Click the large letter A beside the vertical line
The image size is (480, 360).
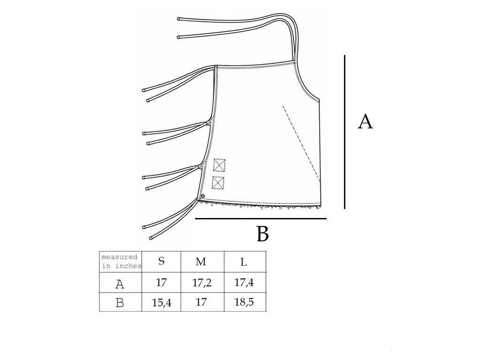pyautogui.click(x=365, y=121)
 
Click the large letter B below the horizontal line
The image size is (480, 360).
pyautogui.click(x=262, y=234)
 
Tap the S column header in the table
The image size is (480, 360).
pyautogui.click(x=161, y=261)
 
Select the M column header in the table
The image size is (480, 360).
pyautogui.click(x=201, y=262)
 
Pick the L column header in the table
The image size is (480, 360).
pyautogui.click(x=244, y=262)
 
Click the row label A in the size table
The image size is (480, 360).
pyautogui.click(x=120, y=284)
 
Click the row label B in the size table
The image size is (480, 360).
pyautogui.click(x=120, y=303)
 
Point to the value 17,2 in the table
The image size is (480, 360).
pyautogui.click(x=202, y=283)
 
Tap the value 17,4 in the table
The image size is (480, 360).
pyautogui.click(x=244, y=282)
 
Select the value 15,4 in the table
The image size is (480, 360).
pyautogui.click(x=162, y=303)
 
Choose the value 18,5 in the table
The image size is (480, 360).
pyautogui.click(x=244, y=302)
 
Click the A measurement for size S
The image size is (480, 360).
pyautogui.click(x=161, y=282)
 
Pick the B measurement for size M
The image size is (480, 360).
pyautogui.click(x=201, y=302)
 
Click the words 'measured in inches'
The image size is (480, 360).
pyautogui.click(x=121, y=262)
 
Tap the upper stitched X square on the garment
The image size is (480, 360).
pyautogui.click(x=219, y=165)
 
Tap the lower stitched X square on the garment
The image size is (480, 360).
pyautogui.click(x=218, y=183)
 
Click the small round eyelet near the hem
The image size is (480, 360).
pyautogui.click(x=203, y=196)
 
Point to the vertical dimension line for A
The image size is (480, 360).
pyautogui.click(x=345, y=132)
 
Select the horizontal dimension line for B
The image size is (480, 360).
pyautogui.click(x=261, y=218)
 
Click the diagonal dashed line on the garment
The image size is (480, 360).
pyautogui.click(x=301, y=143)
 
